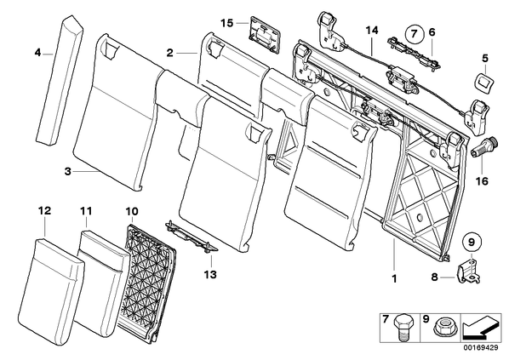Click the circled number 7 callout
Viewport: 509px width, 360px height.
[414, 33]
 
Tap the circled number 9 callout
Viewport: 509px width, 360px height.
[472, 242]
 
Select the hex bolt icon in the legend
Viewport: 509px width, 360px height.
[403, 328]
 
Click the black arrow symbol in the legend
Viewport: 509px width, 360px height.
[480, 327]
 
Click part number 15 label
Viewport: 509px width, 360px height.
[227, 23]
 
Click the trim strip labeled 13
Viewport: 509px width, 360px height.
[192, 237]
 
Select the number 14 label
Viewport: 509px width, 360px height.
[372, 30]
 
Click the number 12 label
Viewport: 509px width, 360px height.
[44, 211]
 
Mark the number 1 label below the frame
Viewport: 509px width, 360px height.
[394, 278]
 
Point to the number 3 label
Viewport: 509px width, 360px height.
[67, 171]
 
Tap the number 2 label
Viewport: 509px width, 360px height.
[169, 53]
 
